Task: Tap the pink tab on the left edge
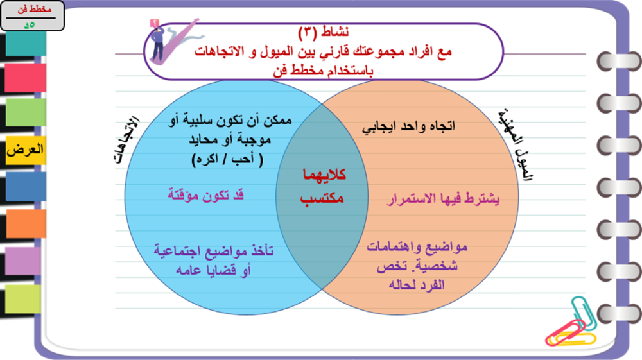(26, 78)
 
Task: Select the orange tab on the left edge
(26, 223)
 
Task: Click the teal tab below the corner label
(26, 44)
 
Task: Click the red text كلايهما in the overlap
(324, 175)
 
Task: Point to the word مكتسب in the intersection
(322, 198)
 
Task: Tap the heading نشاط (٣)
(324, 32)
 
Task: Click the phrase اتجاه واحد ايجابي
(408, 126)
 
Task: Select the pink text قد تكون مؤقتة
(205, 194)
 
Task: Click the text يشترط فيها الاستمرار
(443, 199)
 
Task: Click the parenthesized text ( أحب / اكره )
(227, 159)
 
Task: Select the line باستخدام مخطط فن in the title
(323, 71)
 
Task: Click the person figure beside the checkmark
(157, 41)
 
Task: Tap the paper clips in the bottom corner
(572, 324)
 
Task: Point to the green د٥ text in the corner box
(29, 24)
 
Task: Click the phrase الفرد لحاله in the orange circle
(417, 285)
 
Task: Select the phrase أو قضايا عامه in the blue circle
(213, 270)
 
